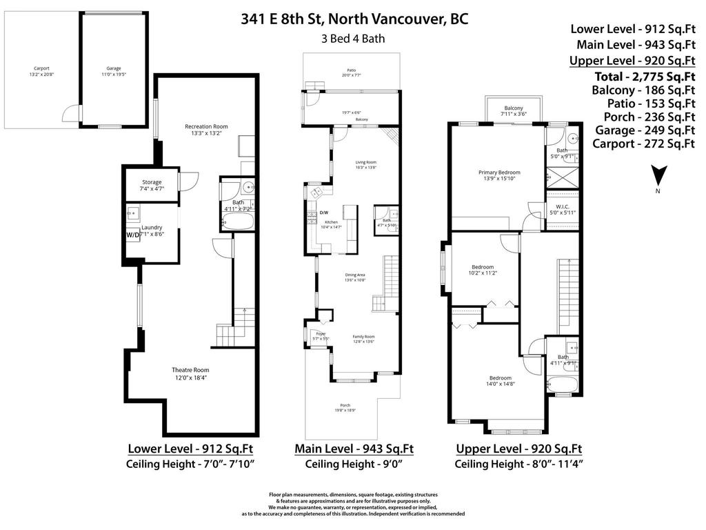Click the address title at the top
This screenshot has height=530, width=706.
pyautogui.click(x=354, y=19)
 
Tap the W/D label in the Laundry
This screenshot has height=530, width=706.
pyautogui.click(x=132, y=235)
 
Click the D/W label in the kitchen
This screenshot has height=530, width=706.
pyautogui.click(x=324, y=213)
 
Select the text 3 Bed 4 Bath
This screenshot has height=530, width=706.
pyautogui.click(x=354, y=39)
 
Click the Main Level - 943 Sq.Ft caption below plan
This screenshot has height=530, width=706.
pyautogui.click(x=354, y=449)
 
